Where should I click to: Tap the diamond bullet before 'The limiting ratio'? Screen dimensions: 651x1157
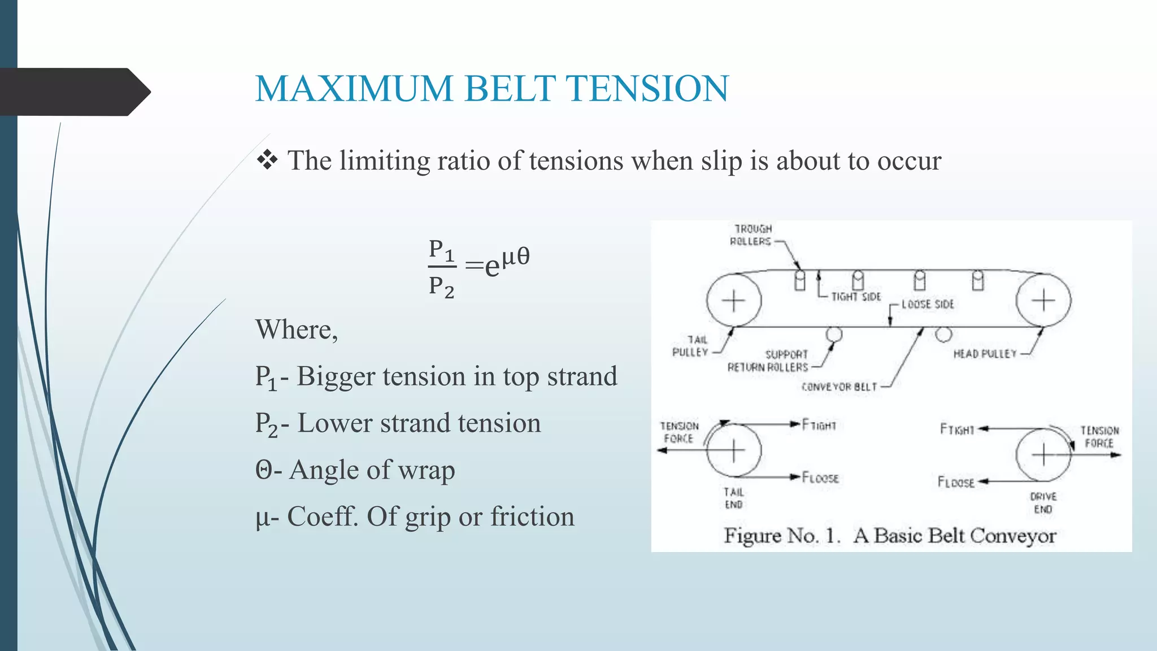(x=267, y=160)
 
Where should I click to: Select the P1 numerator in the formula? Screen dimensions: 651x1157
(x=441, y=250)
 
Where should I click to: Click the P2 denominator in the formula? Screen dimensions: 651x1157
(x=441, y=287)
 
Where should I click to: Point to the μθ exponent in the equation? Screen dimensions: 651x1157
(x=516, y=256)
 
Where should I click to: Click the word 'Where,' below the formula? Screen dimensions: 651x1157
(x=297, y=329)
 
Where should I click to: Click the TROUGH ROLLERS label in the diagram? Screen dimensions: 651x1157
(x=751, y=235)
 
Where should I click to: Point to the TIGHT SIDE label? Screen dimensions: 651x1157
(x=855, y=297)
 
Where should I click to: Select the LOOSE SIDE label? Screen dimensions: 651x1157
(x=927, y=304)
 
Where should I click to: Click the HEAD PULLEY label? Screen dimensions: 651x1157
(x=984, y=354)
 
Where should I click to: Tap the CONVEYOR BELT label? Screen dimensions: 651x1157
(x=839, y=387)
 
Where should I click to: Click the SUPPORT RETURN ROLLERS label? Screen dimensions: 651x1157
(x=768, y=361)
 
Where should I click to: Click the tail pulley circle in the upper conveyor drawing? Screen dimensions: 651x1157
(x=733, y=300)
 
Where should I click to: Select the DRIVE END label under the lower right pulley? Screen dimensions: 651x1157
(x=1043, y=502)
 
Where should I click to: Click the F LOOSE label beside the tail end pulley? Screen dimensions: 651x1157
(x=820, y=478)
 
